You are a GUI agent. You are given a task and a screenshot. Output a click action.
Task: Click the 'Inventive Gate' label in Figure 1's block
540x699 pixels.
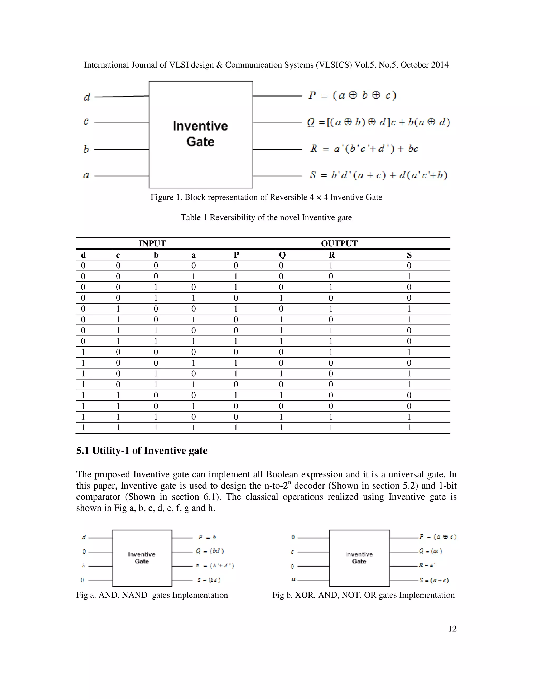(200, 134)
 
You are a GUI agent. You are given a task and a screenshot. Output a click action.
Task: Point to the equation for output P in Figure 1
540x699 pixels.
(352, 95)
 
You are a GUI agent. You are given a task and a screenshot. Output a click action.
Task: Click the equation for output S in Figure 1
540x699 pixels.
(378, 175)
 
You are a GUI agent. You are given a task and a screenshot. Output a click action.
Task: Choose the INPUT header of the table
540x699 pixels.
(152, 243)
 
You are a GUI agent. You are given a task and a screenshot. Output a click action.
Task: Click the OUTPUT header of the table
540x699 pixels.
(339, 243)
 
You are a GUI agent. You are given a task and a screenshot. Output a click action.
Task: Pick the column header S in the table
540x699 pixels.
(409, 255)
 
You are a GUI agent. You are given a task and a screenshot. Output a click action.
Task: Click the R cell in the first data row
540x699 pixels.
(331, 266)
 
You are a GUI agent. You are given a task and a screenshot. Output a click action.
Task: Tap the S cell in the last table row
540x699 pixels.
(409, 428)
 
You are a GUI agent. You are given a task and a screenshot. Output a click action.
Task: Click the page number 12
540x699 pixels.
(452, 629)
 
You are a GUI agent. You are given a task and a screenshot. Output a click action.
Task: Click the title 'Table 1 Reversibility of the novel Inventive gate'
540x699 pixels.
(266, 218)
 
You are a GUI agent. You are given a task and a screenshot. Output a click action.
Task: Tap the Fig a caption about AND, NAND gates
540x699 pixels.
(152, 595)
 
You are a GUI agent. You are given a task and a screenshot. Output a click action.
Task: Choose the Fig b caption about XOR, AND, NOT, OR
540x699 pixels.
(363, 595)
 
